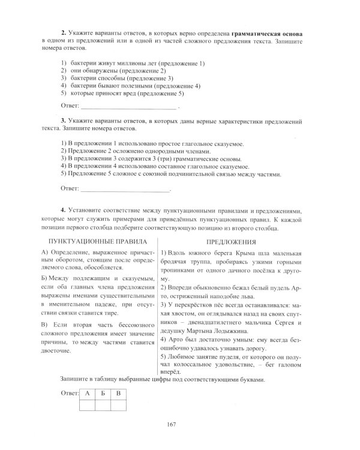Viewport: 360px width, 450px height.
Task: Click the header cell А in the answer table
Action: point(88,394)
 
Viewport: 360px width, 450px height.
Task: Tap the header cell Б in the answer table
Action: point(103,394)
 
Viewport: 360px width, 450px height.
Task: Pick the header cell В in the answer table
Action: point(119,394)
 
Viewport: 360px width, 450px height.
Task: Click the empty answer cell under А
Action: point(88,405)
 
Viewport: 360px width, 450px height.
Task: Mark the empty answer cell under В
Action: point(119,405)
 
